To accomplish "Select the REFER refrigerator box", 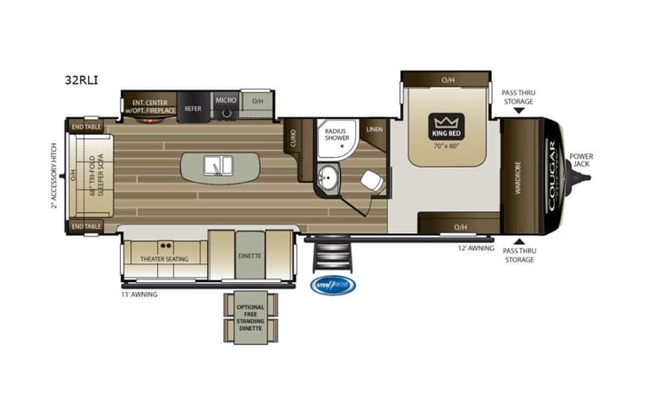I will pyautogui.click(x=193, y=107).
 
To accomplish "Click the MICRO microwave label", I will pyautogui.click(x=226, y=101).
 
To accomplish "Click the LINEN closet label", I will pyautogui.click(x=375, y=130).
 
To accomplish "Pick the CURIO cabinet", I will pyautogui.click(x=292, y=140).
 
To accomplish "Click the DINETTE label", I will pyautogui.click(x=249, y=255).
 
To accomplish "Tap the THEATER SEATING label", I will pyautogui.click(x=164, y=259).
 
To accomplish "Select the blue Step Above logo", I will pyautogui.click(x=332, y=285).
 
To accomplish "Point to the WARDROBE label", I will pyautogui.click(x=518, y=176).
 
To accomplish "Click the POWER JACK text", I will pyautogui.click(x=582, y=160).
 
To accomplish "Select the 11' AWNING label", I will pyautogui.click(x=139, y=294).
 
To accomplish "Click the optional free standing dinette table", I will pyautogui.click(x=249, y=317).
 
